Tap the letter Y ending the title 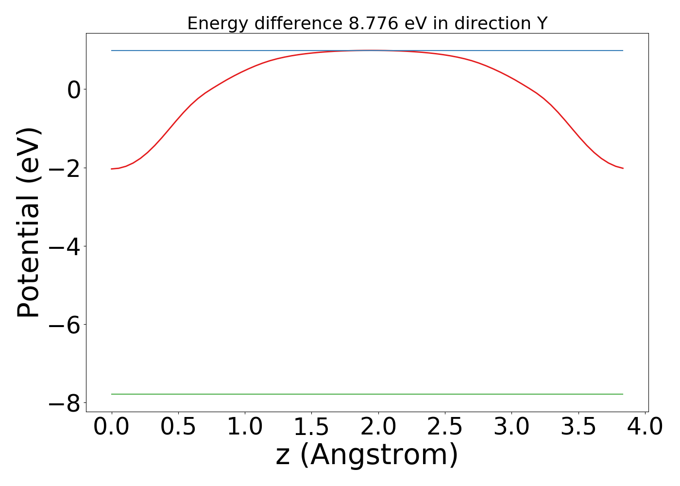tap(542, 23)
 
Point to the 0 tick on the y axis tap(74, 90)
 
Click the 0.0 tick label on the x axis tap(112, 427)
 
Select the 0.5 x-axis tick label tap(178, 427)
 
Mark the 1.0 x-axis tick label tap(245, 427)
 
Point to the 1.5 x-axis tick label tap(311, 427)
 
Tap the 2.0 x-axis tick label tap(378, 427)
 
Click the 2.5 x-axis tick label tap(445, 427)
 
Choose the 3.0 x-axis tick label tap(511, 427)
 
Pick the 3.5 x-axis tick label tap(578, 427)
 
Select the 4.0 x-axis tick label tap(645, 427)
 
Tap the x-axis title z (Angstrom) tap(367, 455)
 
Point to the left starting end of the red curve tap(112, 169)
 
